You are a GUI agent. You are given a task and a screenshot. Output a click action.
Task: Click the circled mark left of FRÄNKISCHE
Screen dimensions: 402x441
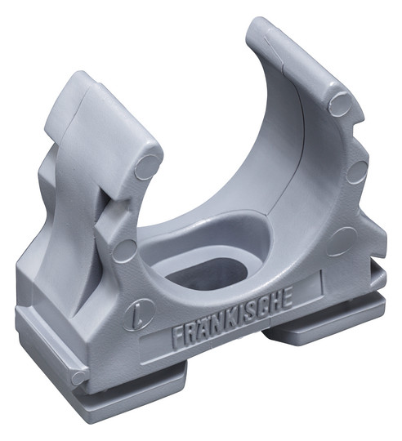point(140,314)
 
